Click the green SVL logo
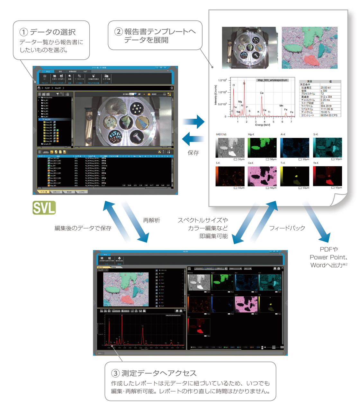(x=44, y=208)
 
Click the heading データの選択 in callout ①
(x=52, y=32)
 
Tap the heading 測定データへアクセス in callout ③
(x=159, y=373)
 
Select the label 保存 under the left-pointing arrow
(x=193, y=153)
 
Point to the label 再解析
(x=151, y=220)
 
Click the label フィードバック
(x=287, y=228)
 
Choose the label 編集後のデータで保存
(x=83, y=228)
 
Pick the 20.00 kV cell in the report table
(x=326, y=87)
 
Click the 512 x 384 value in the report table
(x=326, y=97)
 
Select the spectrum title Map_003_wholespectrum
(x=272, y=80)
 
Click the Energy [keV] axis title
(x=262, y=125)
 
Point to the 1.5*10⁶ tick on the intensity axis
(x=222, y=80)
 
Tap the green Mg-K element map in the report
(x=262, y=148)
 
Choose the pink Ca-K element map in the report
(x=262, y=176)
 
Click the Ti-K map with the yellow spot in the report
(x=295, y=176)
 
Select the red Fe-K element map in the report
(x=328, y=176)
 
